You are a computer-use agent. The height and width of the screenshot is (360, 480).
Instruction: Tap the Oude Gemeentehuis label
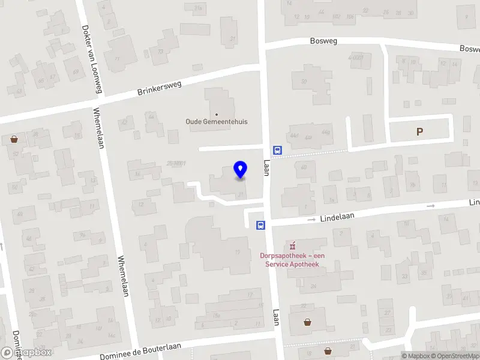[x=216, y=121]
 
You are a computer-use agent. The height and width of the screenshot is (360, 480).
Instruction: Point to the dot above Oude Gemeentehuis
[x=216, y=113]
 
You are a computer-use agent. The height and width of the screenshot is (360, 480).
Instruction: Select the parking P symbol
[x=419, y=131]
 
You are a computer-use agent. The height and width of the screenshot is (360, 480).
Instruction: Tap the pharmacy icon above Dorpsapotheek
[x=293, y=245]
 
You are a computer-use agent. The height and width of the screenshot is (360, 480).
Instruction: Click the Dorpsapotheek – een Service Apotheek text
[x=293, y=260]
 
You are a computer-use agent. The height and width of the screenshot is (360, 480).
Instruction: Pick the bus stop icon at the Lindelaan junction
[x=261, y=225]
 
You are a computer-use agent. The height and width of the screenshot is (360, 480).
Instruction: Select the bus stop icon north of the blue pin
[x=278, y=150]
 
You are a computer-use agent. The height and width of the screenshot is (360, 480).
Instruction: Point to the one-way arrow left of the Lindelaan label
[x=311, y=220]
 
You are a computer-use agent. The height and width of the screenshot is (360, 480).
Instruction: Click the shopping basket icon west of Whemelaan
[x=14, y=139]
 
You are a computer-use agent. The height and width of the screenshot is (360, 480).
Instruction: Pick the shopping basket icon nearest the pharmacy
[x=308, y=322]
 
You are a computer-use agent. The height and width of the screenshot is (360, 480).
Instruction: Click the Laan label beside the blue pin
[x=267, y=167]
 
